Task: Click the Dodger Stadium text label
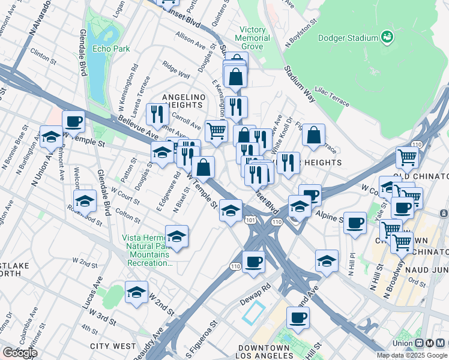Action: coord(348,38)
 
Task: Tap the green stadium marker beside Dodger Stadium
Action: coord(387,37)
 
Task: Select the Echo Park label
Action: coord(107,48)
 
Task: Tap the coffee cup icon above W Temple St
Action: coord(73,122)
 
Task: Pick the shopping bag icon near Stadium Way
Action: coord(313,136)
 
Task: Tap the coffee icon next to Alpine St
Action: coord(355,223)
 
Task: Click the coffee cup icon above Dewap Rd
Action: coord(254,262)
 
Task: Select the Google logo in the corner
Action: coord(19,353)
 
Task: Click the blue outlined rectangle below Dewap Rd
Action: coord(253,312)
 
